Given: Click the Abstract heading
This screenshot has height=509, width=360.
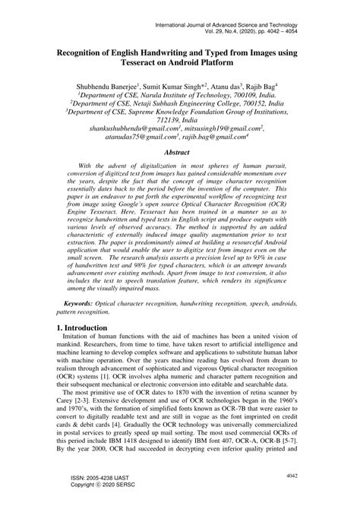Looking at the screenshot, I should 180,152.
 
